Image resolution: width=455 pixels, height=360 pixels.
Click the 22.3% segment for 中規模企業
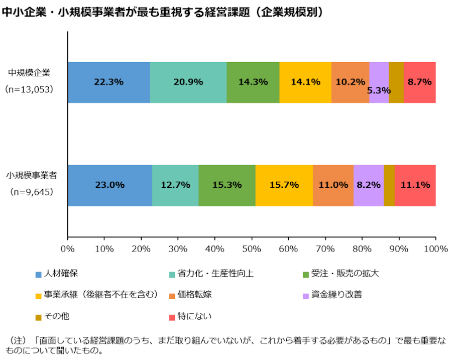(x=108, y=82)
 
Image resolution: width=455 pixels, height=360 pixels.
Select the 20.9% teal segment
(x=188, y=82)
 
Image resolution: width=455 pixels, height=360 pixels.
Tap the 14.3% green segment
(x=253, y=82)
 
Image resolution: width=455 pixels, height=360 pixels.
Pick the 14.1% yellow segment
(x=305, y=82)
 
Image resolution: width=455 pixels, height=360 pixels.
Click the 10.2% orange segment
(x=350, y=82)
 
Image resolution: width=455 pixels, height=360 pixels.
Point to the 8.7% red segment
(x=419, y=82)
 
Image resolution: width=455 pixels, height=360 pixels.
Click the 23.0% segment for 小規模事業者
(x=109, y=185)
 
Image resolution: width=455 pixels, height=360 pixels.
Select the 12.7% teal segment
(x=175, y=185)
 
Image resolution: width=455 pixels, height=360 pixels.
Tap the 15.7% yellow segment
(x=284, y=185)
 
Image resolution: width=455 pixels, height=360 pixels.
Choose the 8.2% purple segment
(x=368, y=185)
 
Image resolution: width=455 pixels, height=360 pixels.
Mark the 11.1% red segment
(x=415, y=185)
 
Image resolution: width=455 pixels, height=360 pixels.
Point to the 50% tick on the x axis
(x=252, y=249)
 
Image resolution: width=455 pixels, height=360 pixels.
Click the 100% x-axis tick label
(x=435, y=249)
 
